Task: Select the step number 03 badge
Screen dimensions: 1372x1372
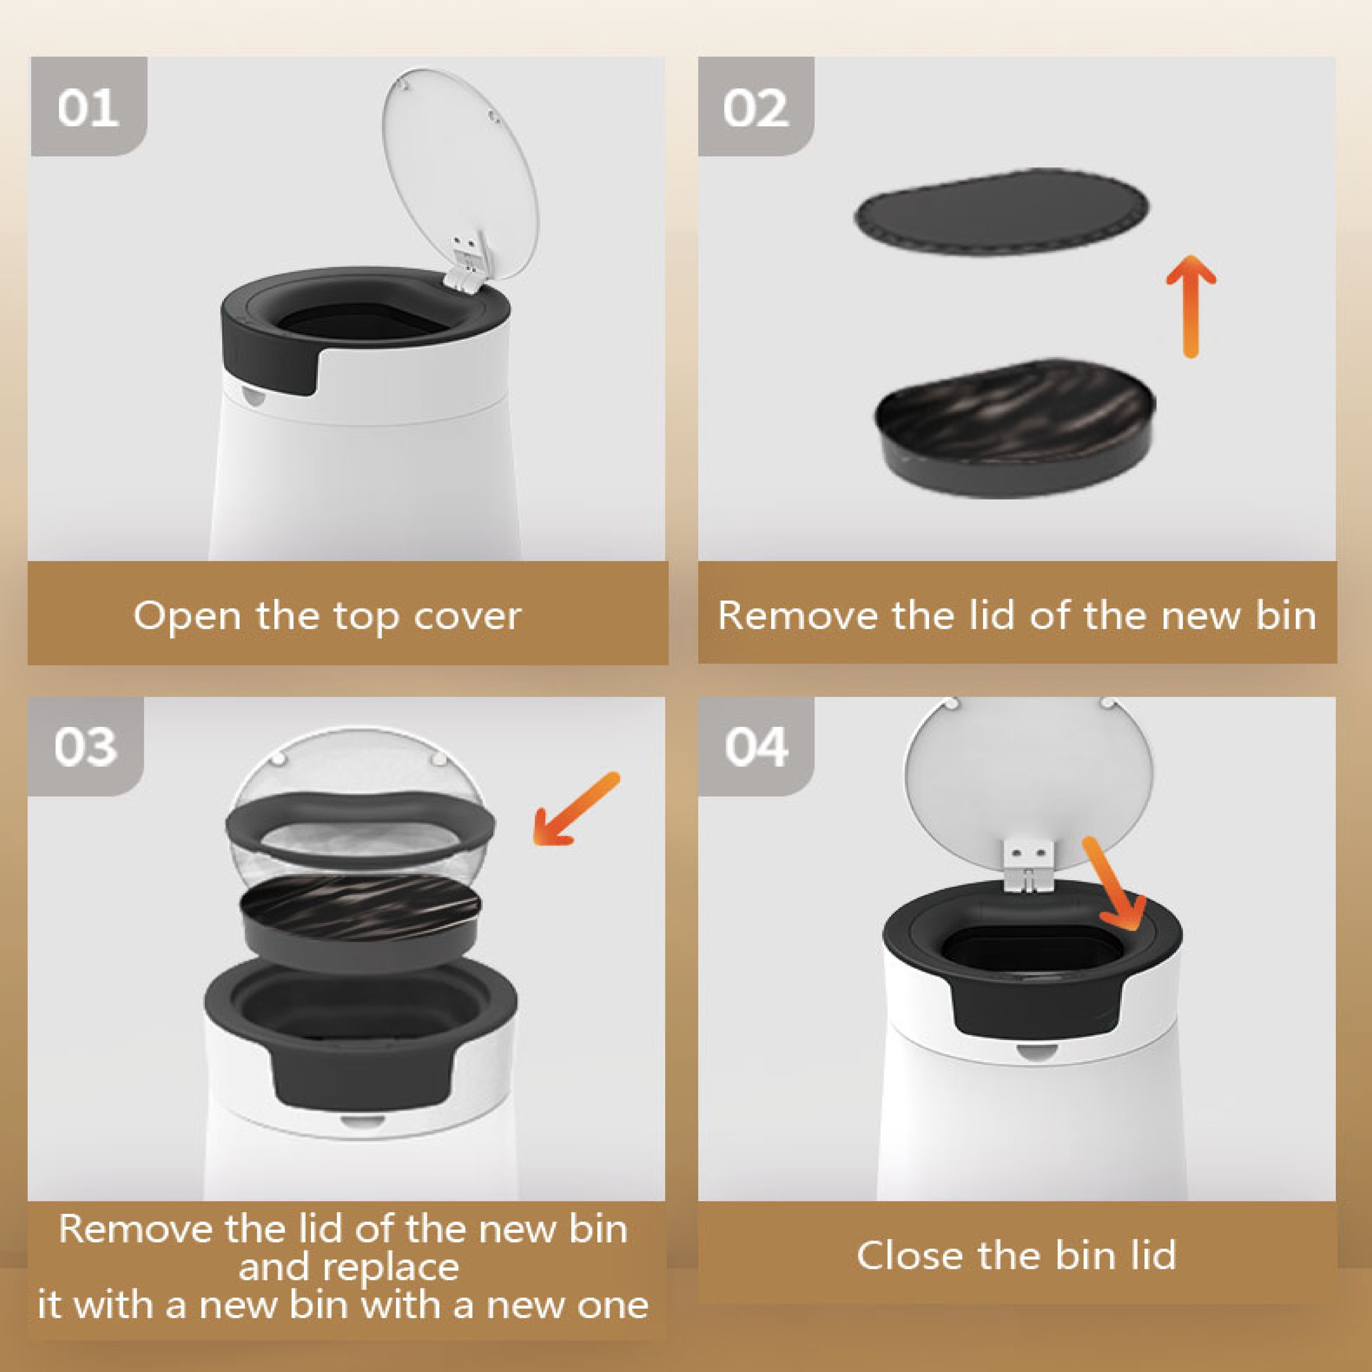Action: pos(86,746)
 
